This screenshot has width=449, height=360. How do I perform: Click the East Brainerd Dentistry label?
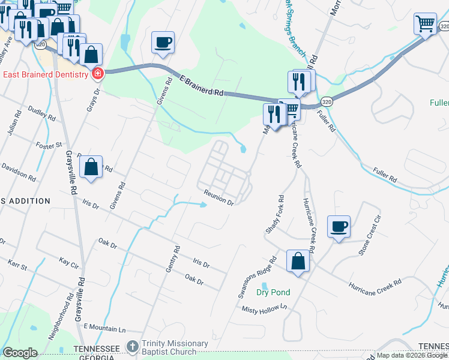point(46,74)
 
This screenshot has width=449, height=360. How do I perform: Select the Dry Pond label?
point(273,292)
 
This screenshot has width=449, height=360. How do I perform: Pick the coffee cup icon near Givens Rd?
point(163,43)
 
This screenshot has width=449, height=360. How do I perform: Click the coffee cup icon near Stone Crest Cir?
point(339,227)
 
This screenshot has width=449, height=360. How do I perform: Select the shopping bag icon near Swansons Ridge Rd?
point(298,261)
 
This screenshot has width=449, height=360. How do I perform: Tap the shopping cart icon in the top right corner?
point(425,24)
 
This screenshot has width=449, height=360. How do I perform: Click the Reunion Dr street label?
point(218,197)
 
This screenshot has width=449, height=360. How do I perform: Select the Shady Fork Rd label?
point(274,214)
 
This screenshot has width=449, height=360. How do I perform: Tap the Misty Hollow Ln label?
point(265,309)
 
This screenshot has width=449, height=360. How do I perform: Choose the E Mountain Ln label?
point(104,329)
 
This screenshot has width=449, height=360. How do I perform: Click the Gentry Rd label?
point(173,259)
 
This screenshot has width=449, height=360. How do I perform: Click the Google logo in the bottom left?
point(20,352)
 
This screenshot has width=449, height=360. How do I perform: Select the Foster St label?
point(50,145)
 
